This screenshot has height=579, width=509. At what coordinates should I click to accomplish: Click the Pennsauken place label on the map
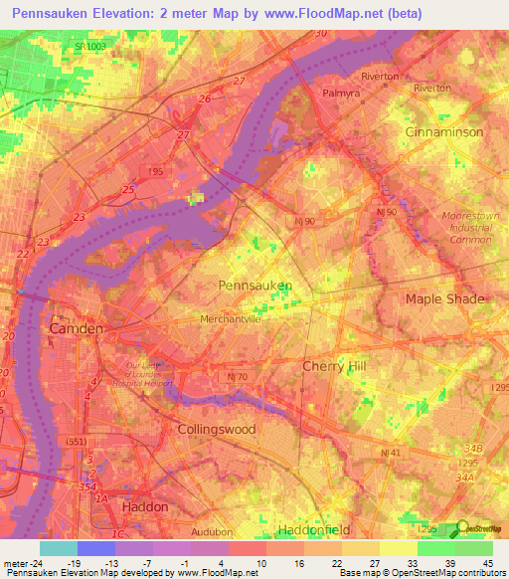[x=254, y=286]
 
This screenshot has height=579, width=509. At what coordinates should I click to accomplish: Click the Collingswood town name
[x=216, y=430]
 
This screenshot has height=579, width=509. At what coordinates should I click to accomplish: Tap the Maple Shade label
[x=444, y=298]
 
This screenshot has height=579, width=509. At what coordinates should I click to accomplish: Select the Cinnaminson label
[x=443, y=132]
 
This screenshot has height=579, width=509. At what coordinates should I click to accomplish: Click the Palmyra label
[x=344, y=94]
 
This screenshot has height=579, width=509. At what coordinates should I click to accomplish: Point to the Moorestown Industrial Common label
[x=471, y=227]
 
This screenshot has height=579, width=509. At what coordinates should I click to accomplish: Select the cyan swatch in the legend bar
[x=59, y=548]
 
